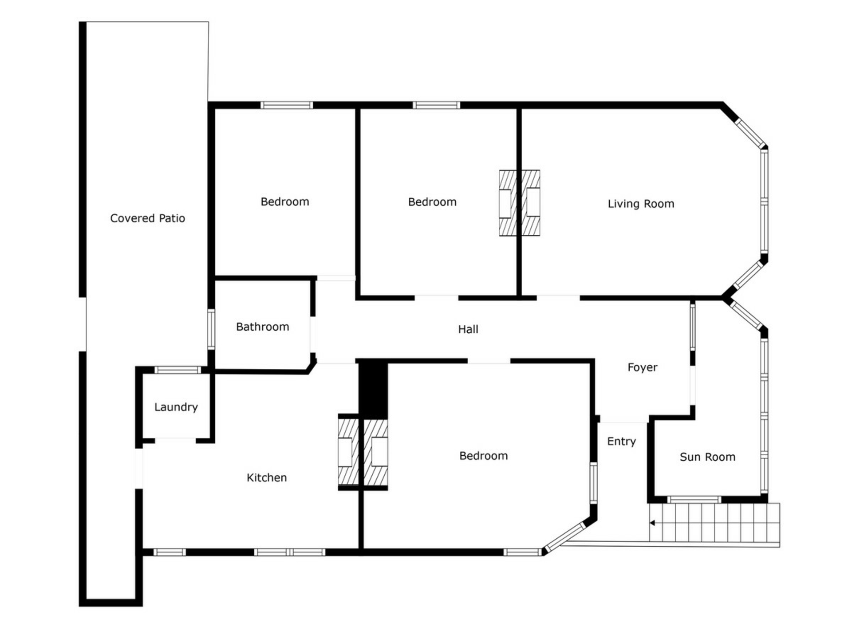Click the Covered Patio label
(x=147, y=218)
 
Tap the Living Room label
(x=641, y=204)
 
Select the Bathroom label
(x=262, y=327)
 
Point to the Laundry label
(x=176, y=407)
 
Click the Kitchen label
(x=267, y=477)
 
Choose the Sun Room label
(x=707, y=457)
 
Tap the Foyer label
(x=642, y=367)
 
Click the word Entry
(x=621, y=442)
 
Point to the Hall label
(x=468, y=329)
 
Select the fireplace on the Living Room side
(x=531, y=203)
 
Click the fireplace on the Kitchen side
(x=348, y=452)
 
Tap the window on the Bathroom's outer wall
(x=211, y=329)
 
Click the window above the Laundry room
(x=177, y=370)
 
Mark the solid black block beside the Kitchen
(x=373, y=388)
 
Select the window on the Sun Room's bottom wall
(x=694, y=500)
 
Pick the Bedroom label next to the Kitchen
(x=483, y=456)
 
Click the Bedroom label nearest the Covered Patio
(x=285, y=202)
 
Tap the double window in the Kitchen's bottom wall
(x=290, y=552)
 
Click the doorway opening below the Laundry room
(x=175, y=440)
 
